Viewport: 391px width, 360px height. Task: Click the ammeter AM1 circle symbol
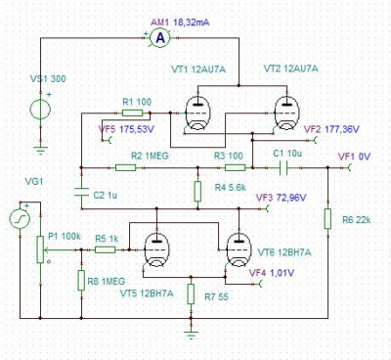pyautogui.click(x=160, y=38)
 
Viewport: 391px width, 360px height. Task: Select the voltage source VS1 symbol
pyautogui.click(x=40, y=109)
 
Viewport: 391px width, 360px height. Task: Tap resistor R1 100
pyautogui.click(x=132, y=113)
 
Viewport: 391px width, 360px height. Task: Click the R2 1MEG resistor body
pyautogui.click(x=125, y=167)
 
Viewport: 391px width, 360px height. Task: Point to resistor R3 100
pyautogui.click(x=236, y=167)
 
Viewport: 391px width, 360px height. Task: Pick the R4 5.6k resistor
pyautogui.click(x=197, y=191)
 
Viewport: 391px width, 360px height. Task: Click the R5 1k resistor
pyautogui.click(x=105, y=249)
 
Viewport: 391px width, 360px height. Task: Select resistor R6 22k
pyautogui.click(x=327, y=219)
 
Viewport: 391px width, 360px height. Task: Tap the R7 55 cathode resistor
pyautogui.click(x=191, y=293)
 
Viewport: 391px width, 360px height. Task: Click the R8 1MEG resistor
pyautogui.click(x=81, y=280)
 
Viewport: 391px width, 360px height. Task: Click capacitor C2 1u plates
pyautogui.click(x=81, y=192)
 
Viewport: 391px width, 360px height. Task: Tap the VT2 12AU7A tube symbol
pyautogui.click(x=286, y=113)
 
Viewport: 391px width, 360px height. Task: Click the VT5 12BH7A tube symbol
pyautogui.click(x=156, y=250)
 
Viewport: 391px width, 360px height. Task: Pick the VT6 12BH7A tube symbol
pyautogui.click(x=239, y=249)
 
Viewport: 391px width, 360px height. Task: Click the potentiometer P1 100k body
pyautogui.click(x=40, y=249)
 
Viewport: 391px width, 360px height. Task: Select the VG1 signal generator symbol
pyautogui.click(x=20, y=219)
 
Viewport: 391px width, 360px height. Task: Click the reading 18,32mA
pyautogui.click(x=192, y=22)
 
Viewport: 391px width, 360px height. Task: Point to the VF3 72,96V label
pyautogui.click(x=282, y=198)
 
